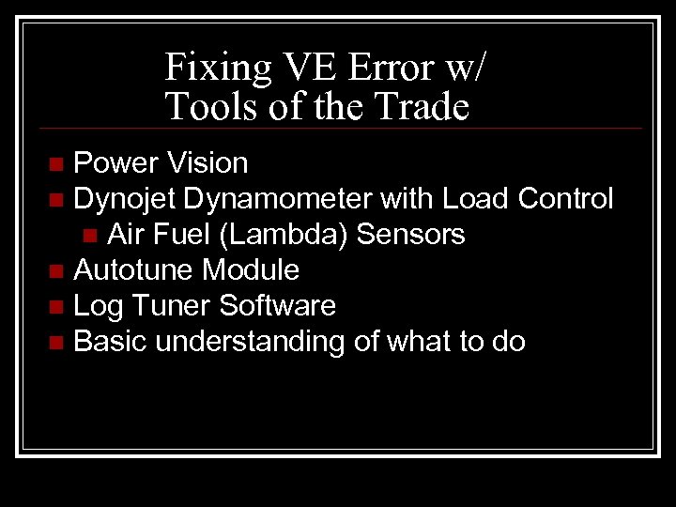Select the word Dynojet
click(125, 199)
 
